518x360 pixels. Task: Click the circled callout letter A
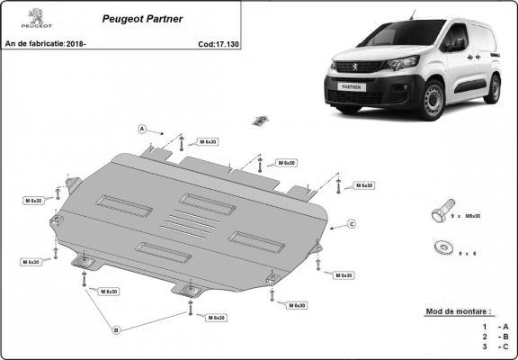point(142,129)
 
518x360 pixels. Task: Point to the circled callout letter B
point(115,330)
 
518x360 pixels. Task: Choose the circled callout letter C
point(352,223)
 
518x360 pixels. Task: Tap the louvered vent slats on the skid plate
point(192,226)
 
